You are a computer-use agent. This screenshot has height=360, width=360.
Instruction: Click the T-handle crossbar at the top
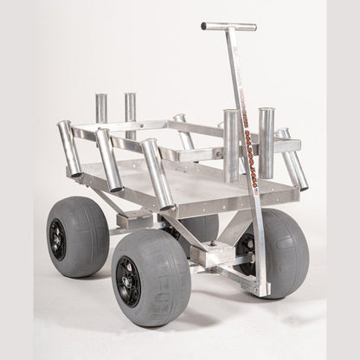[x=228, y=27]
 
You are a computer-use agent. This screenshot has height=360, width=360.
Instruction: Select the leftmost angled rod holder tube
[x=70, y=150]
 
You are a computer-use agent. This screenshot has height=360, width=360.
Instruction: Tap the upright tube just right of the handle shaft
[x=266, y=141]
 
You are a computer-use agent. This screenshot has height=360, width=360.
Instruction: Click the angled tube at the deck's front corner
[x=157, y=174]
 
